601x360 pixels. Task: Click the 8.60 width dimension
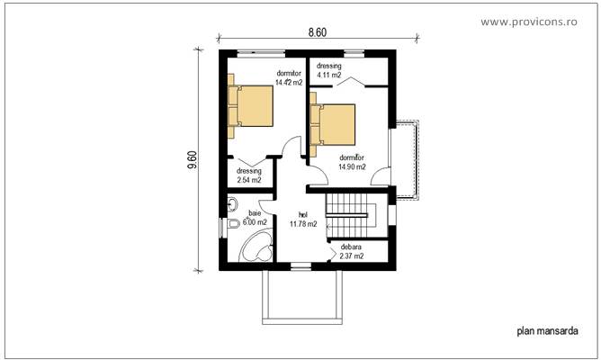pos(317,32)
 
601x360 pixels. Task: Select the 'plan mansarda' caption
pos(547,331)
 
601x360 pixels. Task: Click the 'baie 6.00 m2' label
pos(245,217)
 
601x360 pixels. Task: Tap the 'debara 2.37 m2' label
pos(352,251)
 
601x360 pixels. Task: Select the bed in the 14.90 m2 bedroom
pos(332,125)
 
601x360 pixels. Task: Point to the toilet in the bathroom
pos(232,224)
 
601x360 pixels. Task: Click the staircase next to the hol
pos(349,217)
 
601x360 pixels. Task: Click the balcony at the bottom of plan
pos(300,295)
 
